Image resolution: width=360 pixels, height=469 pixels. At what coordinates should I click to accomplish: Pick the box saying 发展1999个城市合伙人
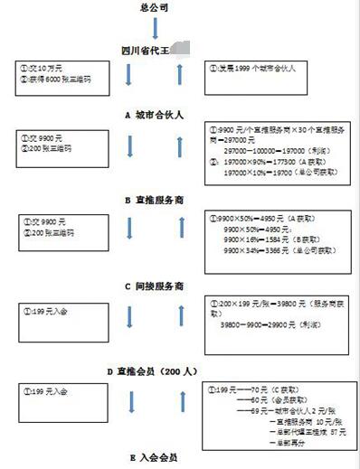(x=257, y=68)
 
